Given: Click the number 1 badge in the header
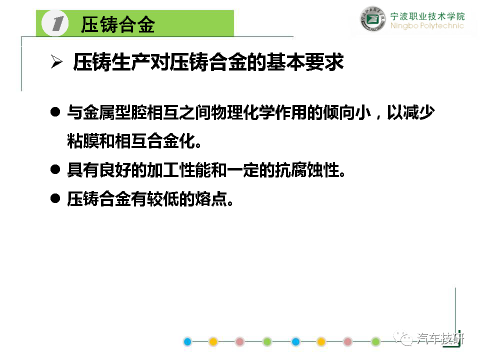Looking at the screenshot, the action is [55, 23].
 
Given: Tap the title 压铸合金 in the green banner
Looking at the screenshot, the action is [118, 24].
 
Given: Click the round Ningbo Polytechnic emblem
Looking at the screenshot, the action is [372, 19].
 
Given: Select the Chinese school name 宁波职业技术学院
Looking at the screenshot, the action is [427, 16].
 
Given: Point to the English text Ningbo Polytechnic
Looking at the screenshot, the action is [427, 25].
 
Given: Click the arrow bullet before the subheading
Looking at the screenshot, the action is [56, 61].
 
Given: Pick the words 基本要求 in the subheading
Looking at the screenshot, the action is [305, 62].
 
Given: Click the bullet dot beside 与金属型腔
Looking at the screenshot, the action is [55, 111].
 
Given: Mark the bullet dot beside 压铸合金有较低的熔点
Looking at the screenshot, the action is [55, 198].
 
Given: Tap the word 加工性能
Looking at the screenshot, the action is [179, 170].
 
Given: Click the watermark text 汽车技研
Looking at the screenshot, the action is [440, 339].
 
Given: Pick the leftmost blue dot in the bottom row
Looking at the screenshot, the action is [187, 341].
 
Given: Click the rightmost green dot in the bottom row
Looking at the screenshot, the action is [375, 341].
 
